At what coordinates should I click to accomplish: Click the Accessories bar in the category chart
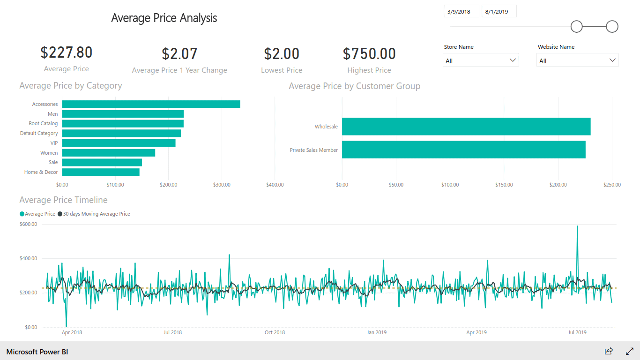pos(151,104)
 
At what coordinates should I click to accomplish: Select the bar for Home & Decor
pos(101,172)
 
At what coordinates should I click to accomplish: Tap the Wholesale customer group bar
pos(466,127)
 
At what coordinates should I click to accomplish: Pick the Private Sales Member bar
pos(464,150)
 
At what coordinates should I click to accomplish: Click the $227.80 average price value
pos(67,52)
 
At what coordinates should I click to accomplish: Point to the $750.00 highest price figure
pos(369,54)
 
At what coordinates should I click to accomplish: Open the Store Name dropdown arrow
pos(513,60)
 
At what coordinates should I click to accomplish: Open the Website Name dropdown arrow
pos(612,60)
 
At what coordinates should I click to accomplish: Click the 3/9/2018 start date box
pos(461,11)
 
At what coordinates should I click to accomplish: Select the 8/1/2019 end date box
pos(499,11)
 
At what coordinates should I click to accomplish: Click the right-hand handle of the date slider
pos(612,27)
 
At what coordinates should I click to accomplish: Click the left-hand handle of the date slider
pos(576,27)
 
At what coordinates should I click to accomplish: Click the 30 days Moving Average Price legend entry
pos(94,214)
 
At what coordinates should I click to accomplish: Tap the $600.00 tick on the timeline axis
pos(29,224)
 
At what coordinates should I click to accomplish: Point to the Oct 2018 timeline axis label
pos(275,332)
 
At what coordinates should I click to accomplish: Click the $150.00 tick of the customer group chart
pos(504,185)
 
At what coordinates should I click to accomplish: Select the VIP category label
pos(54,143)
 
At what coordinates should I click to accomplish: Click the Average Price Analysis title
pos(164,18)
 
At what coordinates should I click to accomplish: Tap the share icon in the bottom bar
pos(609,351)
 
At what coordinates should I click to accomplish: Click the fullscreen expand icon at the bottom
pos(630,351)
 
